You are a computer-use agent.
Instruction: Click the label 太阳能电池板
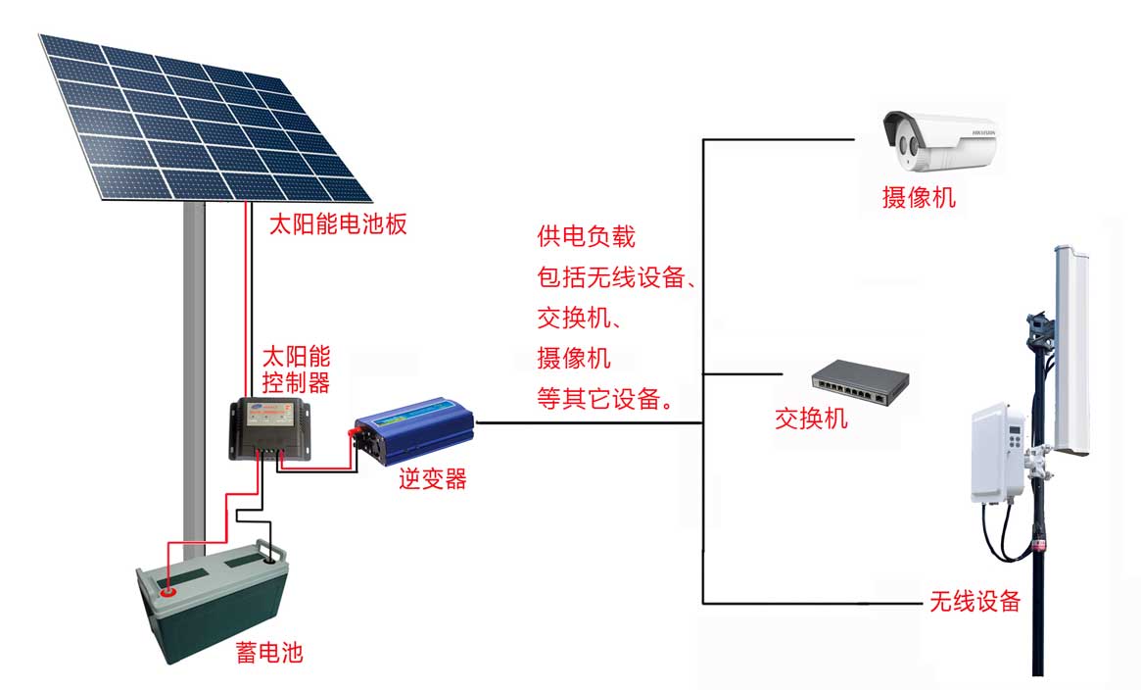click(337, 224)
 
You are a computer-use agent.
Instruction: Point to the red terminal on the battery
click(166, 591)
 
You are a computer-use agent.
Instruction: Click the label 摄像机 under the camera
click(919, 199)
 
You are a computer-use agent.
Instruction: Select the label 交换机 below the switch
click(811, 419)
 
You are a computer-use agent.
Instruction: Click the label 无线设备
click(975, 601)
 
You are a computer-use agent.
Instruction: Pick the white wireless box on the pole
click(997, 452)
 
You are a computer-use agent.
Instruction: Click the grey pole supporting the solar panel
click(194, 372)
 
